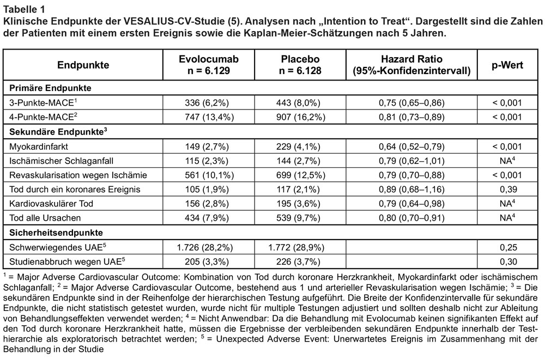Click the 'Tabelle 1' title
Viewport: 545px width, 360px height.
[24, 9]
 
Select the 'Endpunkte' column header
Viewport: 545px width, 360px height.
[83, 65]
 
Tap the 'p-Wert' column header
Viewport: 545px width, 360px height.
[507, 65]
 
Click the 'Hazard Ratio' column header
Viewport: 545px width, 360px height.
[411, 59]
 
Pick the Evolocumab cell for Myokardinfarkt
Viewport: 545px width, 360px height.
[207, 147]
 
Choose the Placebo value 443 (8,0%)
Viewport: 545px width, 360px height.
[298, 103]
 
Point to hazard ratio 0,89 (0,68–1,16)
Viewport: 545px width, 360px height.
[411, 190]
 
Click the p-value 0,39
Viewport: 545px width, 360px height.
[508, 190]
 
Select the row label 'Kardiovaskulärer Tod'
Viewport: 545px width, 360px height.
[51, 204]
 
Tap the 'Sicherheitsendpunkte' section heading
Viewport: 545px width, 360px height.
[56, 233]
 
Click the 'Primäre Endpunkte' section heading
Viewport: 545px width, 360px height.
[50, 88]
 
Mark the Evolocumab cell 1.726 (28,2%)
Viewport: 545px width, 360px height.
[205, 247]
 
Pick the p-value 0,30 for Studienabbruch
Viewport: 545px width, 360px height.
[508, 261]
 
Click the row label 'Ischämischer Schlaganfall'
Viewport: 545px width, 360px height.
[61, 161]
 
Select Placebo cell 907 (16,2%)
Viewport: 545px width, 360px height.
[301, 117]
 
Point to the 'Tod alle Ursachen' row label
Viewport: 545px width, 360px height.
[45, 218]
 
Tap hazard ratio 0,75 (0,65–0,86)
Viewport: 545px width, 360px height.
[411, 103]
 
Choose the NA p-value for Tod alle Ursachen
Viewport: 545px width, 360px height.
[507, 218]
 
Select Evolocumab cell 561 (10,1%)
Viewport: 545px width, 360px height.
[209, 175]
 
